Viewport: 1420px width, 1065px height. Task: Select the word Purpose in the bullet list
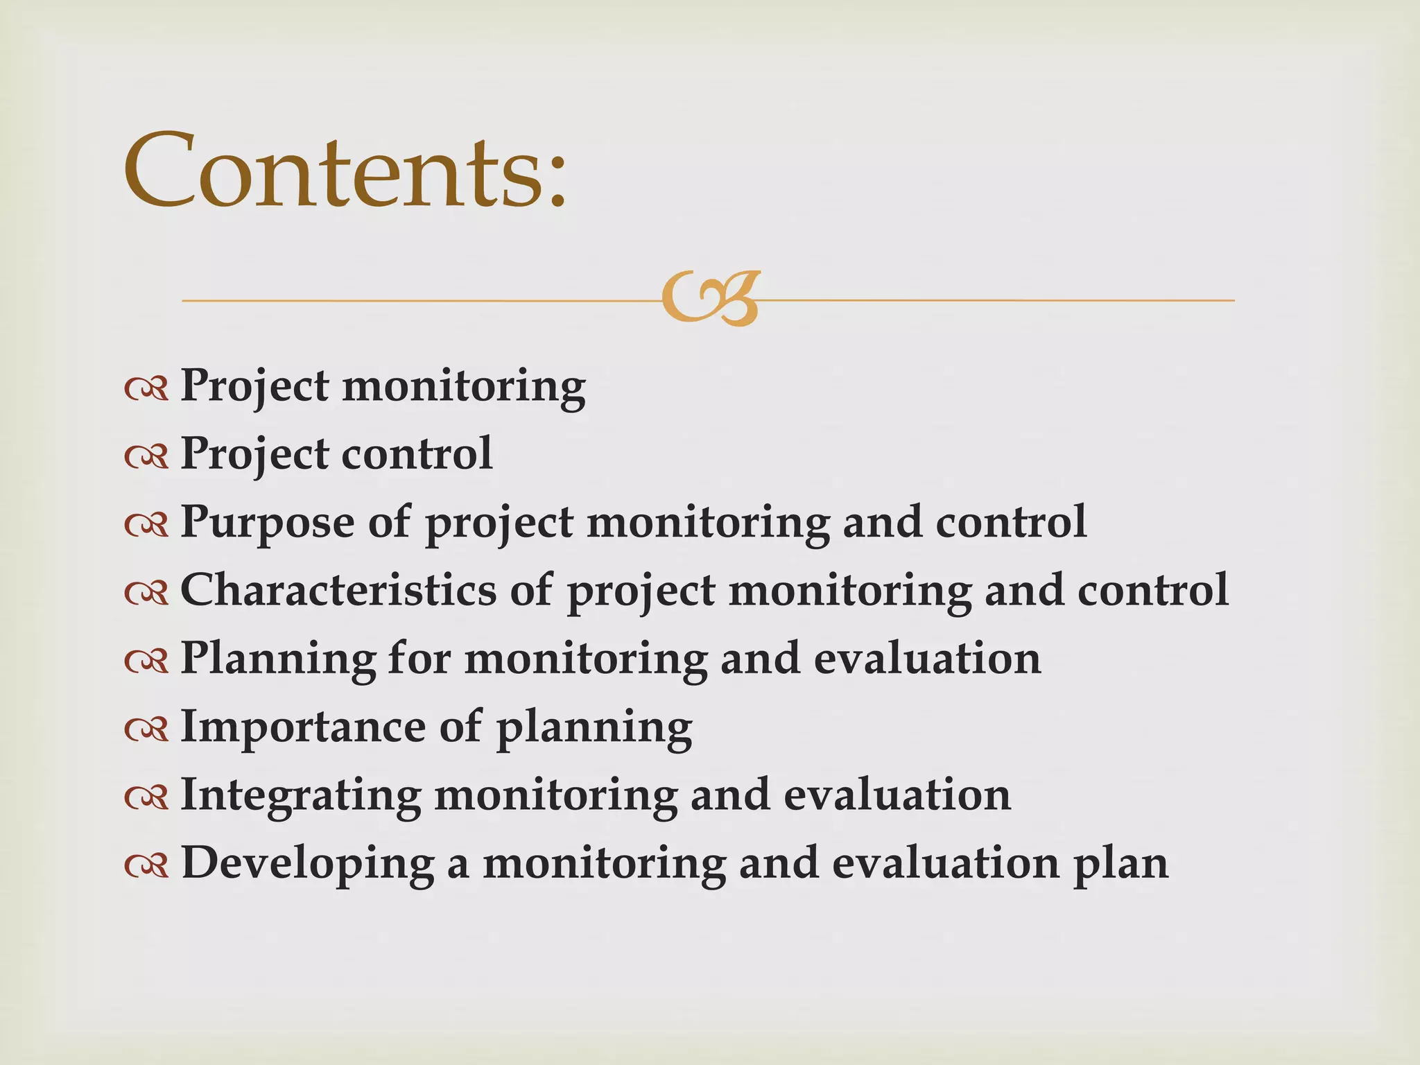pos(267,522)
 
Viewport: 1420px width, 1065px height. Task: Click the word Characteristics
pos(338,590)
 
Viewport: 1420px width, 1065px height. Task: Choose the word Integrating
pos(300,796)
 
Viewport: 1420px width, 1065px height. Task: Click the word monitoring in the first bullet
pos(464,386)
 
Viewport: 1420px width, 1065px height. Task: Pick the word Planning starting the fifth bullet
pos(277,659)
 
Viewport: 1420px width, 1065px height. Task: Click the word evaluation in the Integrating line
pos(897,795)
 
